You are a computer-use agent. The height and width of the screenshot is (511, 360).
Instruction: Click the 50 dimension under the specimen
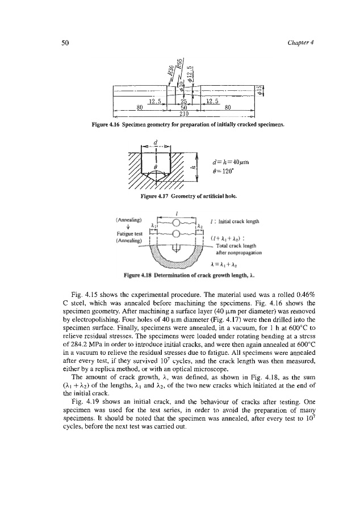click(183, 107)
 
